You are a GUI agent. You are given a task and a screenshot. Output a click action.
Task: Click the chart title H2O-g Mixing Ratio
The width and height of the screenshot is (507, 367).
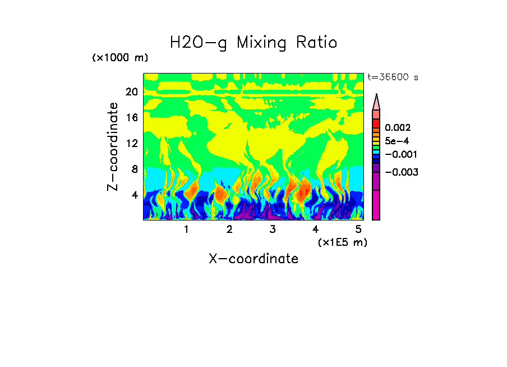[253, 42]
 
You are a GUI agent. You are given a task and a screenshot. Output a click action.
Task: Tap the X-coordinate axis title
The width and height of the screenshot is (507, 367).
[253, 259]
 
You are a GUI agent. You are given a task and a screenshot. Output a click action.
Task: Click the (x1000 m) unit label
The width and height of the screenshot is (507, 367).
[120, 58]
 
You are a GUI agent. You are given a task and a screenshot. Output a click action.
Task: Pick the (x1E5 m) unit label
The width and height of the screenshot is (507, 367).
[342, 242]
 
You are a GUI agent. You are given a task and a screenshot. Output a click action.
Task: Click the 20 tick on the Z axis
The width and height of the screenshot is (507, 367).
[131, 92]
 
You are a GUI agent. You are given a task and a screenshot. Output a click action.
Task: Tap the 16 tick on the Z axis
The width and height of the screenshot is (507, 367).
[131, 118]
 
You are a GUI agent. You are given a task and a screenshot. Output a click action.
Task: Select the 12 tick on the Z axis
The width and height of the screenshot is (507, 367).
[131, 143]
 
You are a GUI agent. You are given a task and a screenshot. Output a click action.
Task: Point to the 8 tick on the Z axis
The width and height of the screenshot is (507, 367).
[134, 169]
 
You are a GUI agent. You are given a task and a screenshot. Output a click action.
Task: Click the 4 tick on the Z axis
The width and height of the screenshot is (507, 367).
[134, 195]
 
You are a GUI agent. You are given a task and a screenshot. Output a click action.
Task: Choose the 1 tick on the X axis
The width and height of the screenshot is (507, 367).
[186, 230]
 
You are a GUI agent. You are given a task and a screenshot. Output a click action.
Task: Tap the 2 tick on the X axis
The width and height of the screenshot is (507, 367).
[229, 230]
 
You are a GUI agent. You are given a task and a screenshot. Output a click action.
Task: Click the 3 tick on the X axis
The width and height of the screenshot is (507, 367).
[273, 230]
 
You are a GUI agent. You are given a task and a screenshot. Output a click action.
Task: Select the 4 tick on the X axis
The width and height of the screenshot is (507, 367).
[315, 230]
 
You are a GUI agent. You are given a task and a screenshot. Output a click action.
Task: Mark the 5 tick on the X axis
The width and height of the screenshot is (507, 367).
[358, 230]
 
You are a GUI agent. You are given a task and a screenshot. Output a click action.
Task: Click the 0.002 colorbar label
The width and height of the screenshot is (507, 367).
[398, 128]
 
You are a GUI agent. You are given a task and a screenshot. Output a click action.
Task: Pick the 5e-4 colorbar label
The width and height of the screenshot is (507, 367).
[397, 141]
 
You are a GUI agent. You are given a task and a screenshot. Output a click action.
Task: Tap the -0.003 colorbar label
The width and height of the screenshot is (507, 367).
[401, 172]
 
